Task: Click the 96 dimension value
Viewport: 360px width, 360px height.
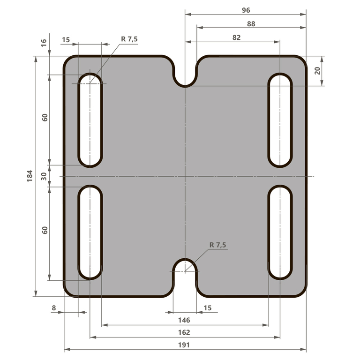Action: pyautogui.click(x=246, y=10)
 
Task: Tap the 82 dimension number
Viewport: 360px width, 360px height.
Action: pyautogui.click(x=236, y=37)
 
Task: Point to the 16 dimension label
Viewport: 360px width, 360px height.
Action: pyautogui.click(x=44, y=42)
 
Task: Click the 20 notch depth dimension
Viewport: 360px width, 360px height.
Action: pyautogui.click(x=317, y=71)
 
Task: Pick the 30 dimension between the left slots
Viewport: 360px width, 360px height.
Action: pyautogui.click(x=44, y=176)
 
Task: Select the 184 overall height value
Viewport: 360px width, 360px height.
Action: pyautogui.click(x=30, y=176)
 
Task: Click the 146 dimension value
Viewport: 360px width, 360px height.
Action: pyautogui.click(x=184, y=320)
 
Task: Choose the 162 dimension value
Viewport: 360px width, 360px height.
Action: pyautogui.click(x=184, y=332)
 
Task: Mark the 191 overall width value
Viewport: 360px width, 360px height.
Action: pyautogui.click(x=184, y=345)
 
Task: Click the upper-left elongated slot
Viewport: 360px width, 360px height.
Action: pyautogui.click(x=90, y=120)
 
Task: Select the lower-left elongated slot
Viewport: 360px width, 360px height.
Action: pyautogui.click(x=90, y=232)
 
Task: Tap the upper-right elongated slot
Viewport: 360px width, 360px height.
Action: pyautogui.click(x=280, y=120)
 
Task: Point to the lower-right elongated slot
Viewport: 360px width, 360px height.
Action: pyautogui.click(x=280, y=232)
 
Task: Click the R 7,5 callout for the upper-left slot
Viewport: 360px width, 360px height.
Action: pyautogui.click(x=129, y=39)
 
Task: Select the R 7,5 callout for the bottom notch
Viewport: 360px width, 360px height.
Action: pyautogui.click(x=218, y=245)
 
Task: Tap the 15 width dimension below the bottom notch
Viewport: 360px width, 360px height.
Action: pyautogui.click(x=208, y=307)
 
